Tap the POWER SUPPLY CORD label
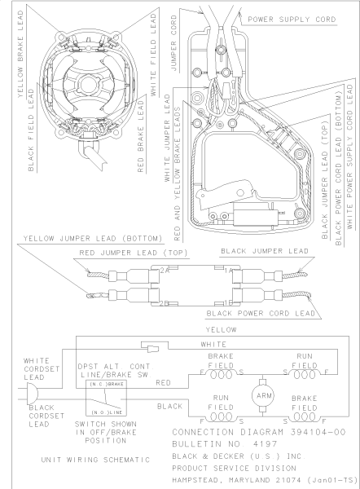[x=292, y=20]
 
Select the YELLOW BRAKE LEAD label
[x=20, y=54]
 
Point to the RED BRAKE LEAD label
[x=141, y=136]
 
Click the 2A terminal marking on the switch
[x=165, y=271]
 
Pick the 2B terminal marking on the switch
[x=165, y=303]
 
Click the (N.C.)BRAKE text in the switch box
[x=107, y=384]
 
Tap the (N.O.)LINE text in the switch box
[x=107, y=412]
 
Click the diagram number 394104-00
[x=318, y=432]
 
